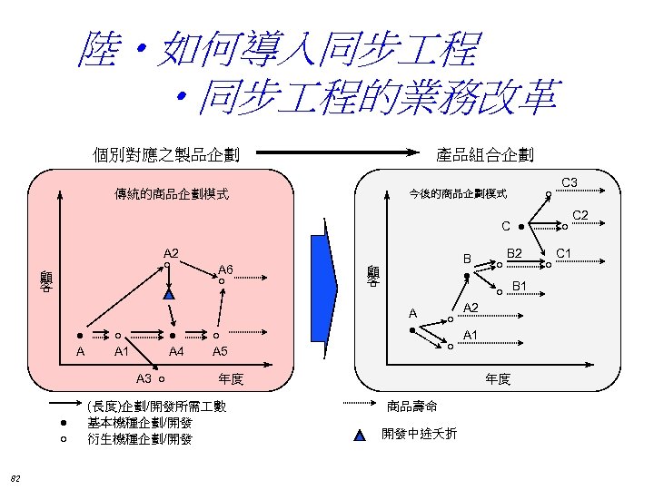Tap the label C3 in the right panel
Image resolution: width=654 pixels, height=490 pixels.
coord(570,184)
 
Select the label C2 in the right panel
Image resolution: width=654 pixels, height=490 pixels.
coord(580,215)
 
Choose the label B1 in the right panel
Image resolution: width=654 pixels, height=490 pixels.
coord(520,288)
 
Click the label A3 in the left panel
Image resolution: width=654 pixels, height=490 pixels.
coord(144,377)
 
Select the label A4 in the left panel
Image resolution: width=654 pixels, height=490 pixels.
coord(177,352)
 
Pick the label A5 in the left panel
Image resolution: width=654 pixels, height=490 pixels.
coord(219,352)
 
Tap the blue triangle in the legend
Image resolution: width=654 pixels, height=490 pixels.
coord(360,435)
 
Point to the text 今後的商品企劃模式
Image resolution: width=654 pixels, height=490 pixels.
coord(458,193)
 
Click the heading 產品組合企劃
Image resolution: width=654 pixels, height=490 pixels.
coord(485,155)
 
